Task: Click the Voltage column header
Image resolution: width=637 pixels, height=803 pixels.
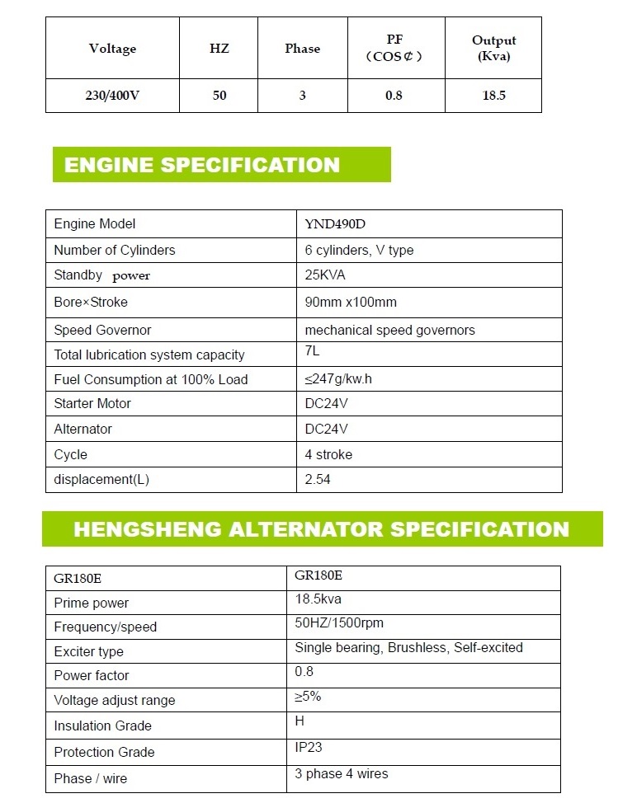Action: click(x=112, y=49)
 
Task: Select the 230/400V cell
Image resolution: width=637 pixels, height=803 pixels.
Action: click(x=112, y=96)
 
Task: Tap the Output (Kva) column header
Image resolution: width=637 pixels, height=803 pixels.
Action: click(x=493, y=49)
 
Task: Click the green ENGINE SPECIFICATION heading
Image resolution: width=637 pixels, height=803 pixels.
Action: click(x=202, y=164)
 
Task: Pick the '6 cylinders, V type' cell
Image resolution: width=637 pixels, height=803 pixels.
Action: click(x=359, y=250)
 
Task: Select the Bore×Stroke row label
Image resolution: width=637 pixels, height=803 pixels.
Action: click(x=91, y=302)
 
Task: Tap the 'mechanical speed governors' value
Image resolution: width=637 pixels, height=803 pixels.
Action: click(x=389, y=330)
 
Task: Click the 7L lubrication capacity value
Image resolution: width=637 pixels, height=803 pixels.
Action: click(x=313, y=351)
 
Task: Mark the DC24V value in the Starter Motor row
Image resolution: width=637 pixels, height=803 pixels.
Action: click(x=327, y=404)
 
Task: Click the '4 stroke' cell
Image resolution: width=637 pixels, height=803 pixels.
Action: click(x=328, y=454)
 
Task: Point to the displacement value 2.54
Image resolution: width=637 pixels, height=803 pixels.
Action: click(x=318, y=479)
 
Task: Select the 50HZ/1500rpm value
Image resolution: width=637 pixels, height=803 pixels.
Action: click(x=339, y=623)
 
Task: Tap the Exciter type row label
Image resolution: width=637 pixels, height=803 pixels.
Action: click(x=88, y=651)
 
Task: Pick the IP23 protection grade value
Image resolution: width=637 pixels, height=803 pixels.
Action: click(x=309, y=748)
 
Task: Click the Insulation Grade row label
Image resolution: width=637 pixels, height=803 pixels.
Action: click(x=102, y=726)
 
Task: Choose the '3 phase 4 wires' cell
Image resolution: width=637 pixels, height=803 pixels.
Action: click(x=341, y=773)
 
